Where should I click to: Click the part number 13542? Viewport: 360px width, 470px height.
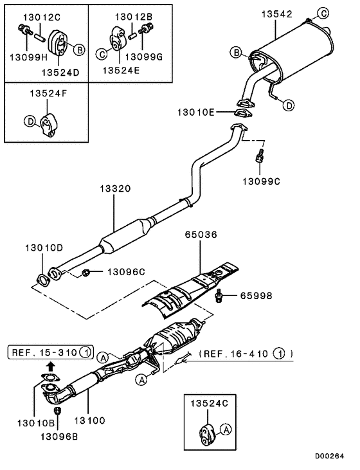coord(276,14)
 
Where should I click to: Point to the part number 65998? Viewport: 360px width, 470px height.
coord(256,296)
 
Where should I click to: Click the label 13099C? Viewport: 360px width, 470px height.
coord(261,181)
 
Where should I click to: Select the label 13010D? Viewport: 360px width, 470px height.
coord(44,247)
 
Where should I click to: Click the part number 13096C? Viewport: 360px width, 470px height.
coord(125,272)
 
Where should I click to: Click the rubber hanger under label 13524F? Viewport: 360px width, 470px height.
coord(49,123)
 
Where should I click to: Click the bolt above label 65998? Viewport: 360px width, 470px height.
coord(220,294)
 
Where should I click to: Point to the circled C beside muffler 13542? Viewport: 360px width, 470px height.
coord(325,14)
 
